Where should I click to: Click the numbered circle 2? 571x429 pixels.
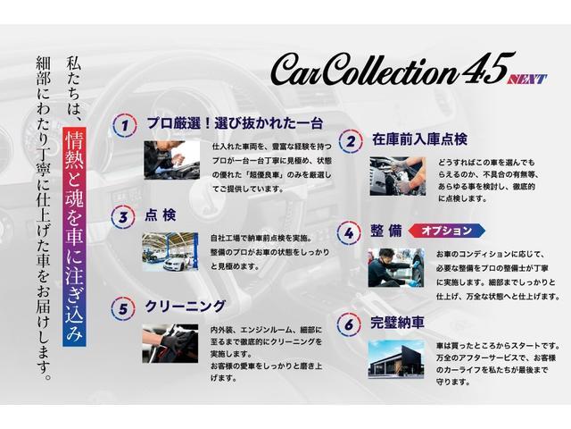point(351,140)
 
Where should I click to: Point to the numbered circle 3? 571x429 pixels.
point(123,215)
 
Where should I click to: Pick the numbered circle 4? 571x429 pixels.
point(350,232)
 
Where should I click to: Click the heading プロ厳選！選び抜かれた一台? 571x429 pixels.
point(234,122)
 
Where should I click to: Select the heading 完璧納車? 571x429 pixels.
point(398,323)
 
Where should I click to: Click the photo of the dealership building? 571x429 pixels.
point(395,359)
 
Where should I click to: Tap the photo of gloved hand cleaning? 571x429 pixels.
point(170,342)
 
